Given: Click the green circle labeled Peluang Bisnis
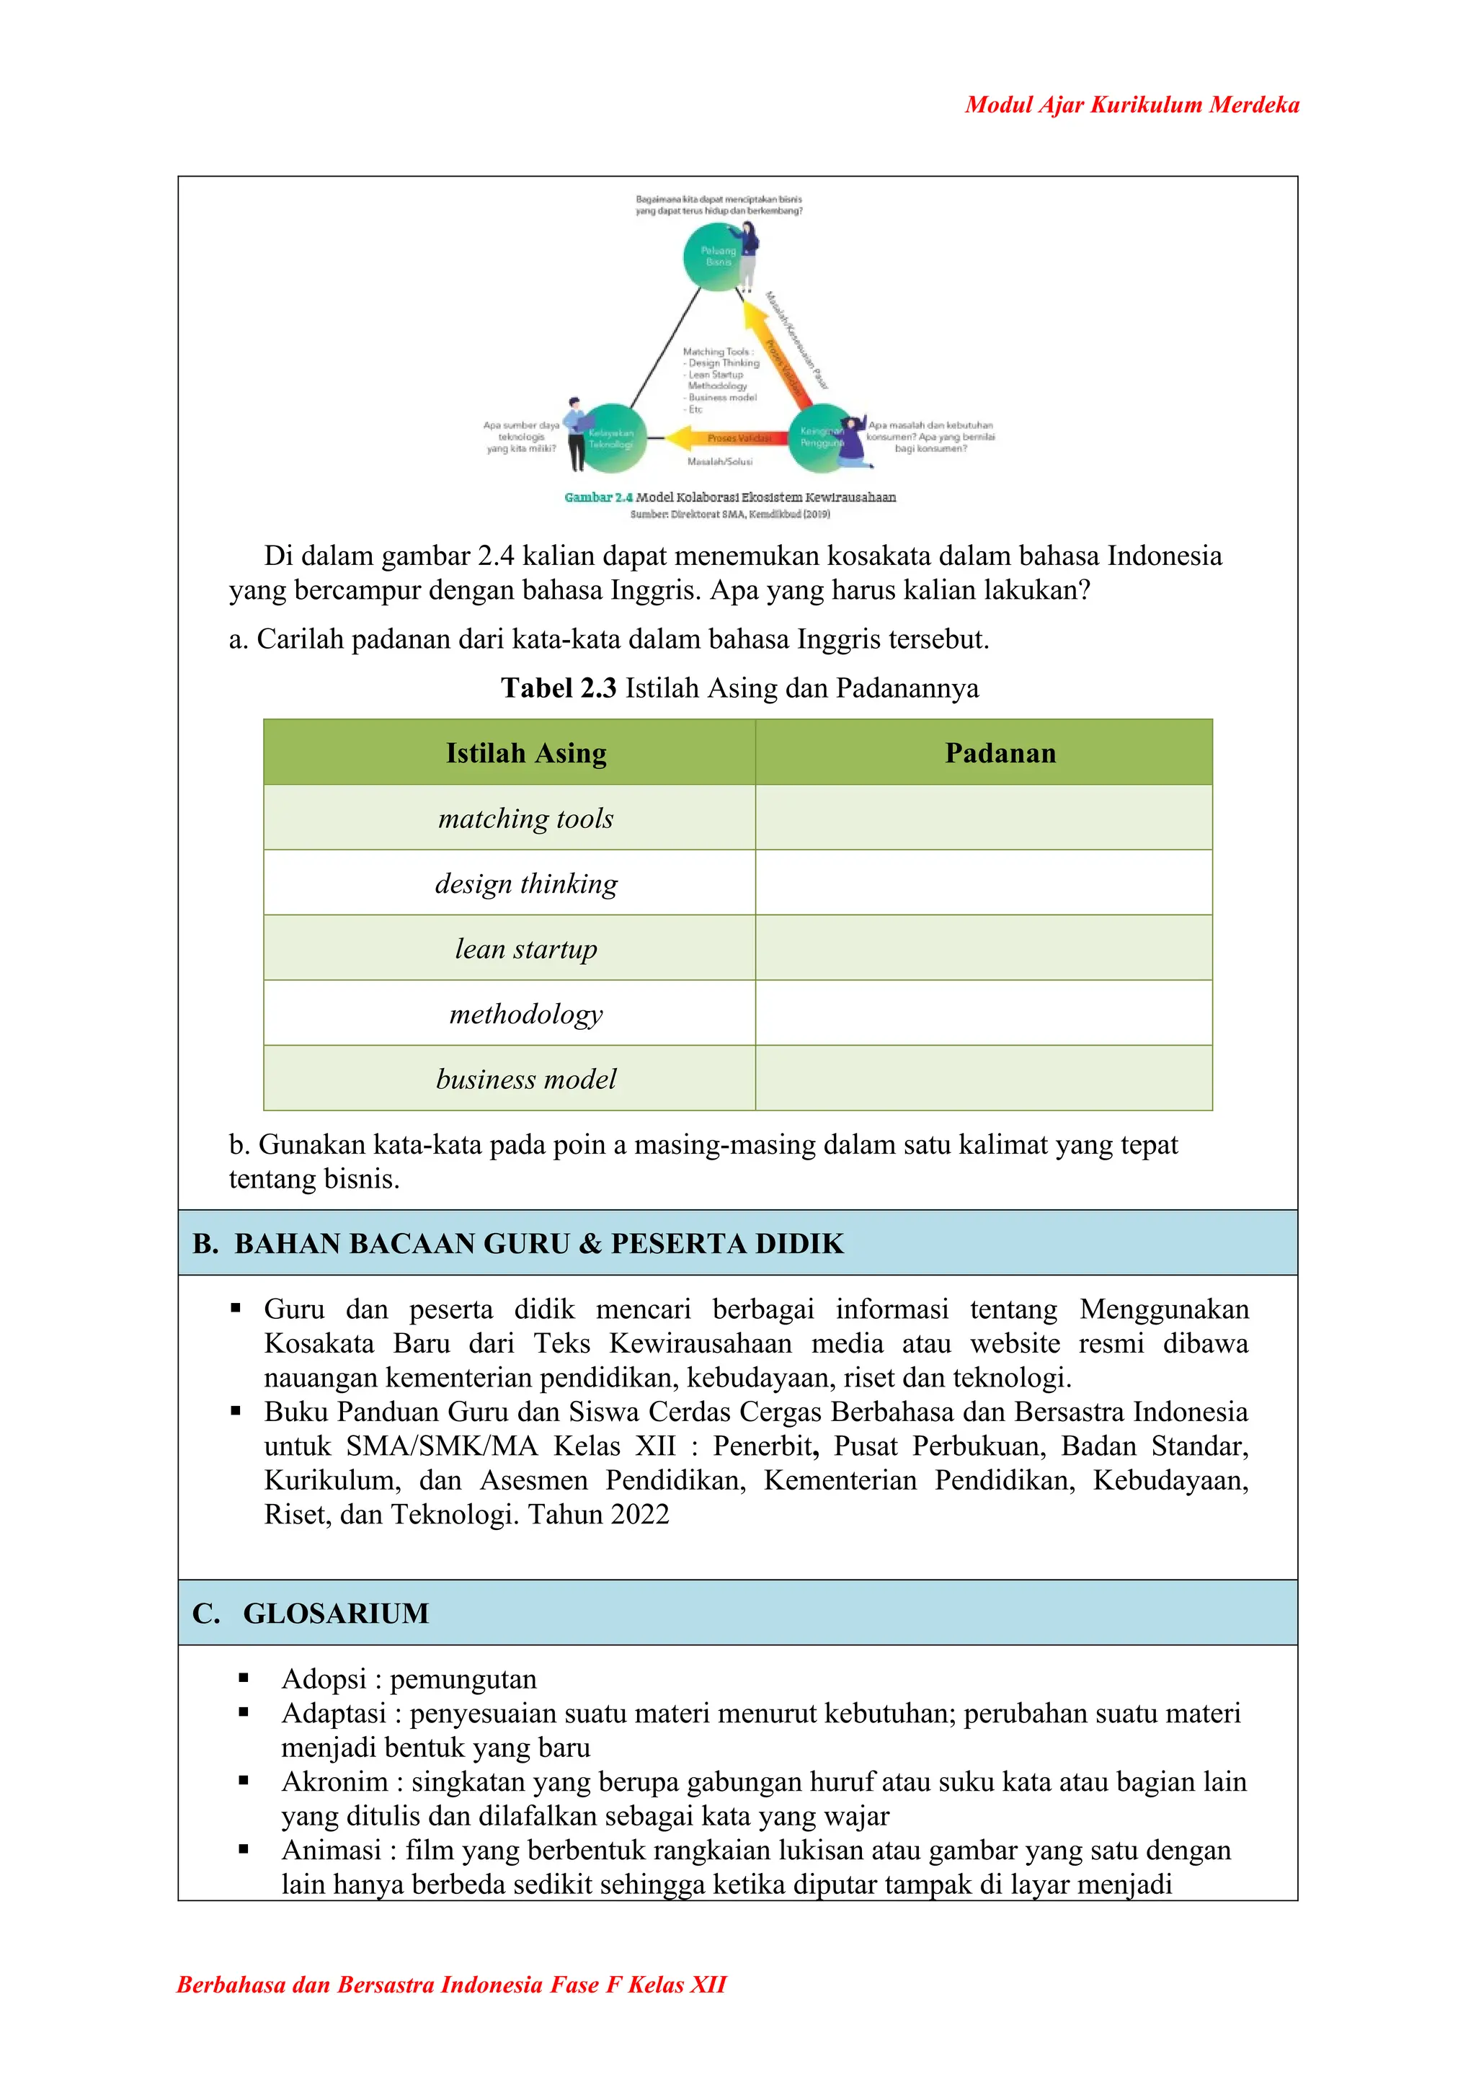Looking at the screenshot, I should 717,257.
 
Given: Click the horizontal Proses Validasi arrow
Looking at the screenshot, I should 727,438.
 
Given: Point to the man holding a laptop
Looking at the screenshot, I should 575,435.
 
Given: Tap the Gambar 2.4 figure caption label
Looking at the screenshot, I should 598,497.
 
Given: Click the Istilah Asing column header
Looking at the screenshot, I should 526,752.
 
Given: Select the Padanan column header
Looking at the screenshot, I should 1000,752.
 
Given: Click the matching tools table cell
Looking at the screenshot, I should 526,818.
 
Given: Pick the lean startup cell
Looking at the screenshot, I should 526,948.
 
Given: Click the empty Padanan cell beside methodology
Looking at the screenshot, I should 983,1013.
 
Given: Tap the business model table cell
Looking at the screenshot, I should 526,1079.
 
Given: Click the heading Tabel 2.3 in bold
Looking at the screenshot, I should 558,688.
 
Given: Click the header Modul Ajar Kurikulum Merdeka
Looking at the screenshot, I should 1132,104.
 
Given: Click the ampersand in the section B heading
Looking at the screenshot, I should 591,1243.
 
